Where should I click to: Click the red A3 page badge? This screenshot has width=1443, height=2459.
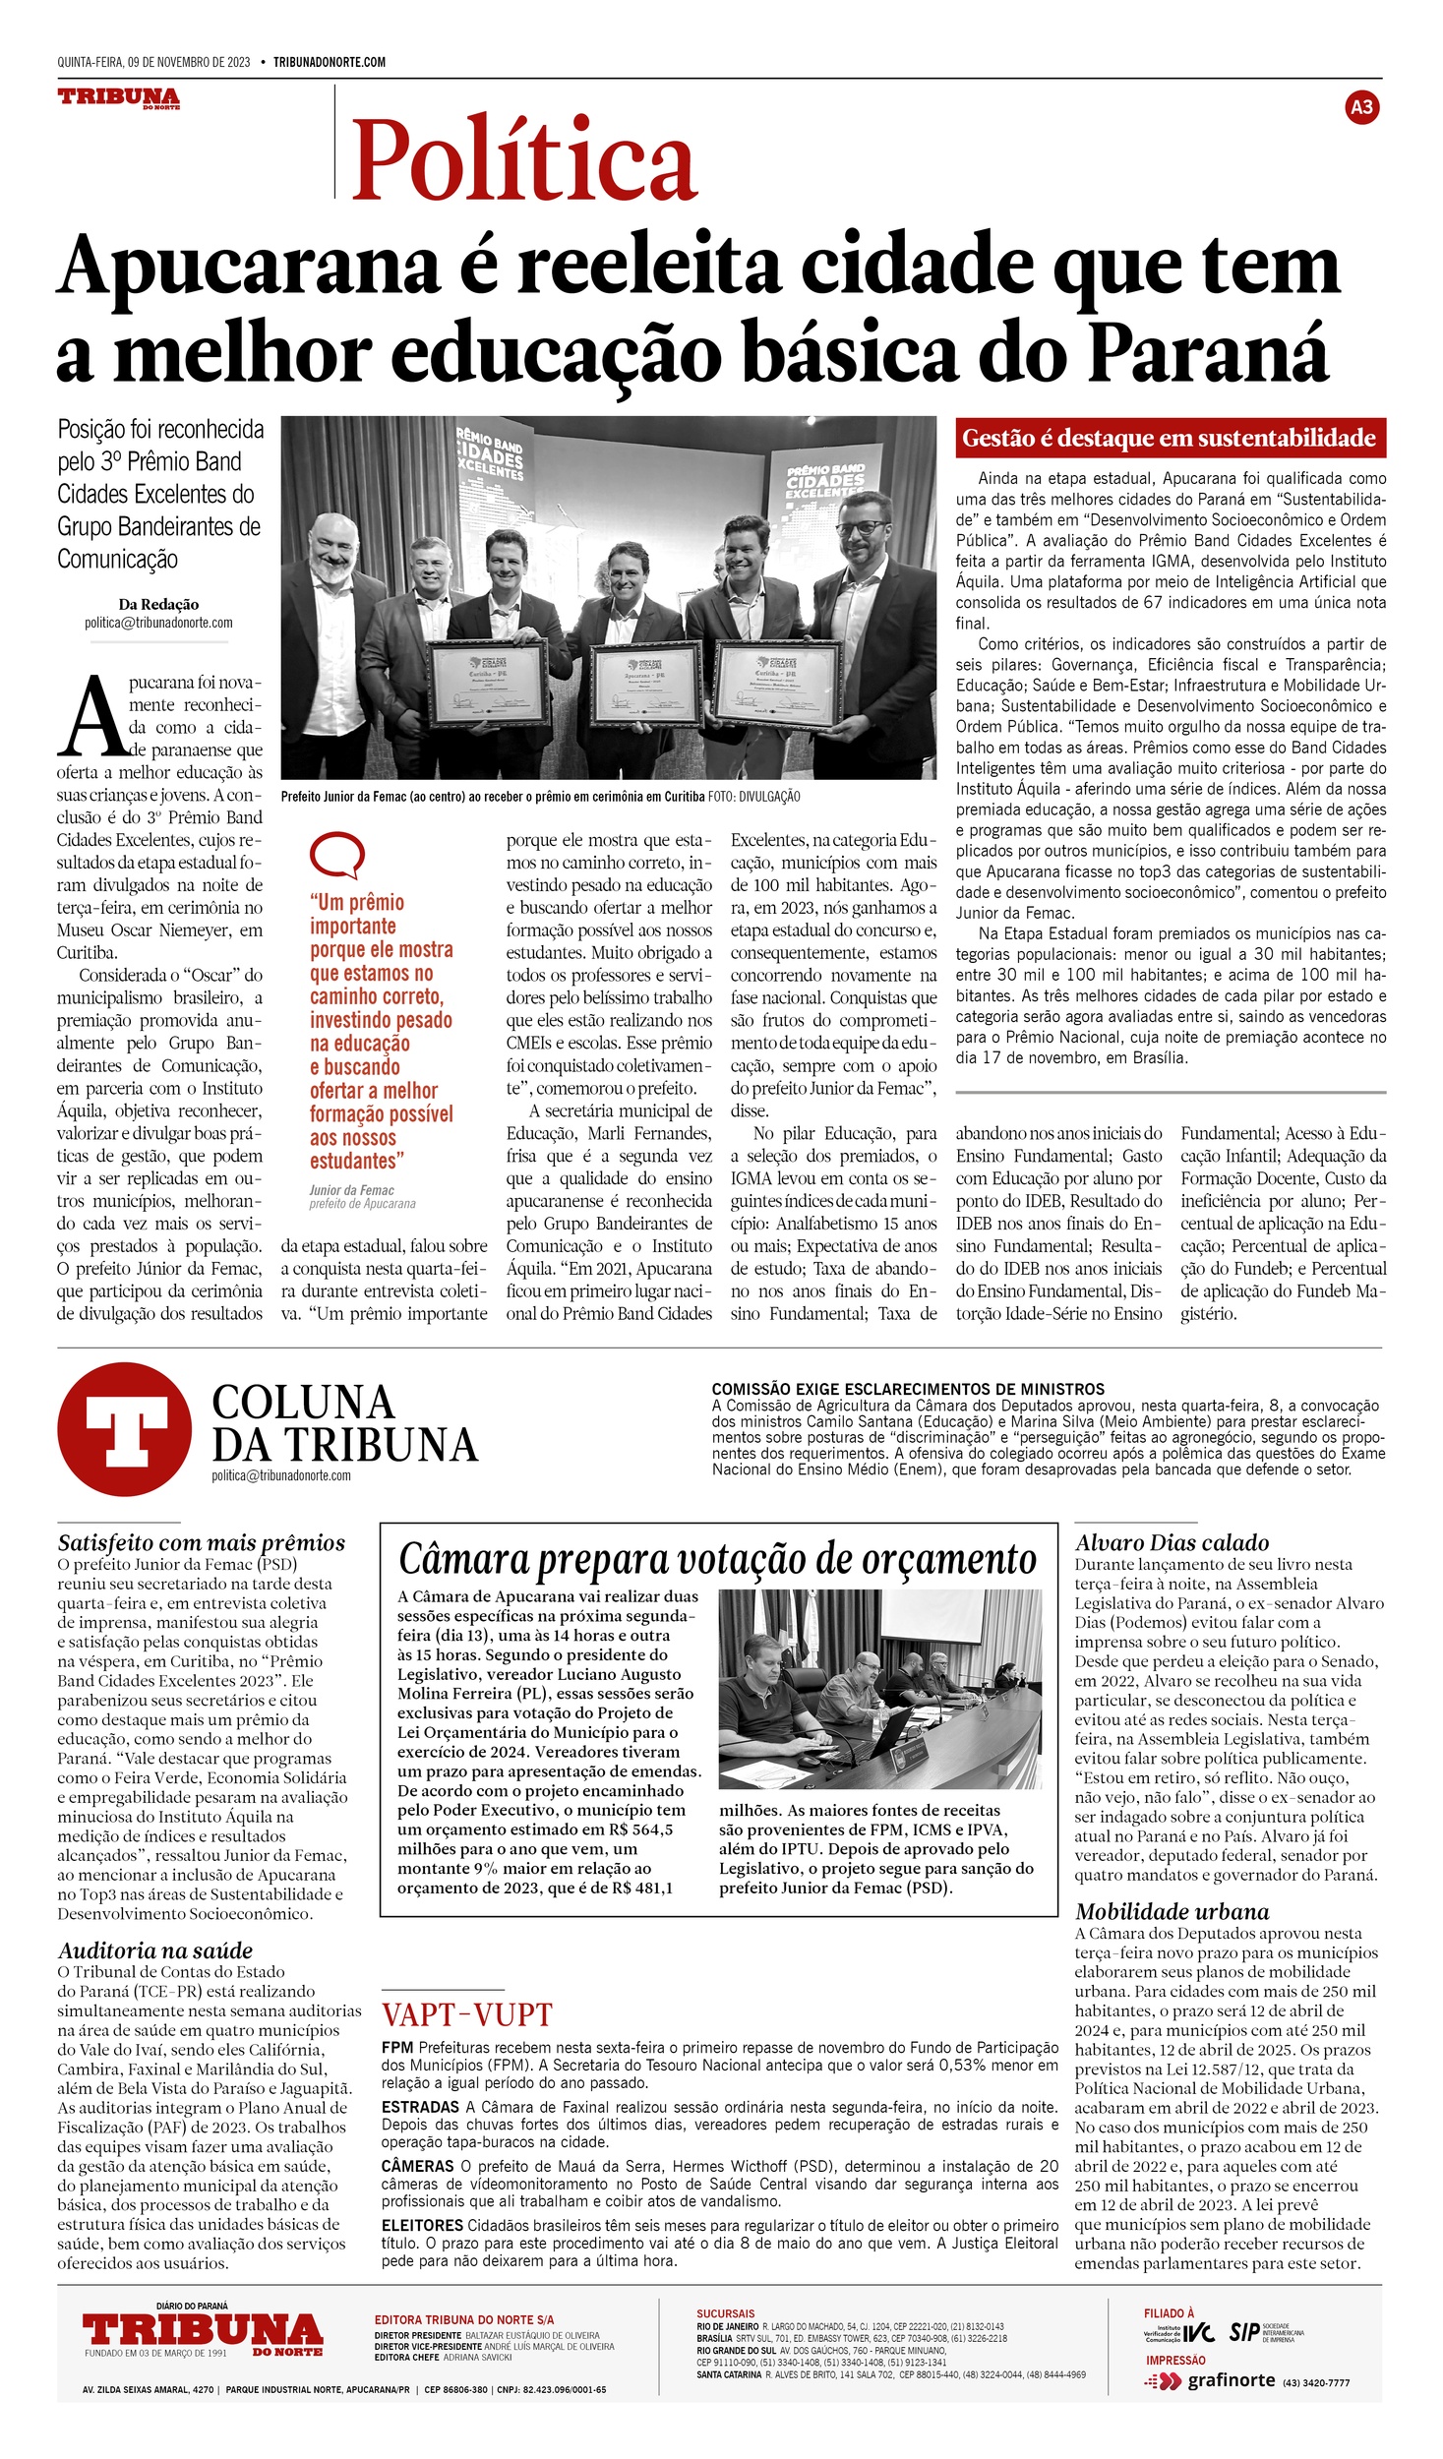(x=1361, y=107)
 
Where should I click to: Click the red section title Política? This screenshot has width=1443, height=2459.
(x=524, y=159)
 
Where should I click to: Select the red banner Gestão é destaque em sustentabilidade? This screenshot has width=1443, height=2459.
(x=1170, y=438)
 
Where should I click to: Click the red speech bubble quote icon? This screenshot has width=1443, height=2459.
(x=336, y=856)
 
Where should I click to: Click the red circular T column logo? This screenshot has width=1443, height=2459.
(x=124, y=1428)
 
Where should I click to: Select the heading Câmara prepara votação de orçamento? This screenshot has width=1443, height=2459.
(x=717, y=1559)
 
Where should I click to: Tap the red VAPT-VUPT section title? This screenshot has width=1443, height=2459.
(x=467, y=2013)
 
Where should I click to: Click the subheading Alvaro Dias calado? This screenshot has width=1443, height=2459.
(x=1172, y=1542)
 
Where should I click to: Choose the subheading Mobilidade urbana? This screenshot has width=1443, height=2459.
(x=1172, y=1911)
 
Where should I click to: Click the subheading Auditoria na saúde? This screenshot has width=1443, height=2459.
(x=155, y=1950)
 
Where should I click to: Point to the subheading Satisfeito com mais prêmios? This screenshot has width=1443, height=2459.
(x=202, y=1542)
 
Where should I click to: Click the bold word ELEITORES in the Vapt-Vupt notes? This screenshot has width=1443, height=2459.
(x=422, y=2225)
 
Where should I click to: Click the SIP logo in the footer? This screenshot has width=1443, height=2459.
(x=1244, y=2332)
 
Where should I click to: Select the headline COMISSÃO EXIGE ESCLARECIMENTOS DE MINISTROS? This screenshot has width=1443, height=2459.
(x=908, y=1389)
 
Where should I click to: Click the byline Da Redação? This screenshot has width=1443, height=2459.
(x=158, y=604)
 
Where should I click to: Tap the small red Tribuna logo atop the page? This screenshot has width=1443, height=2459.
(x=119, y=97)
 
